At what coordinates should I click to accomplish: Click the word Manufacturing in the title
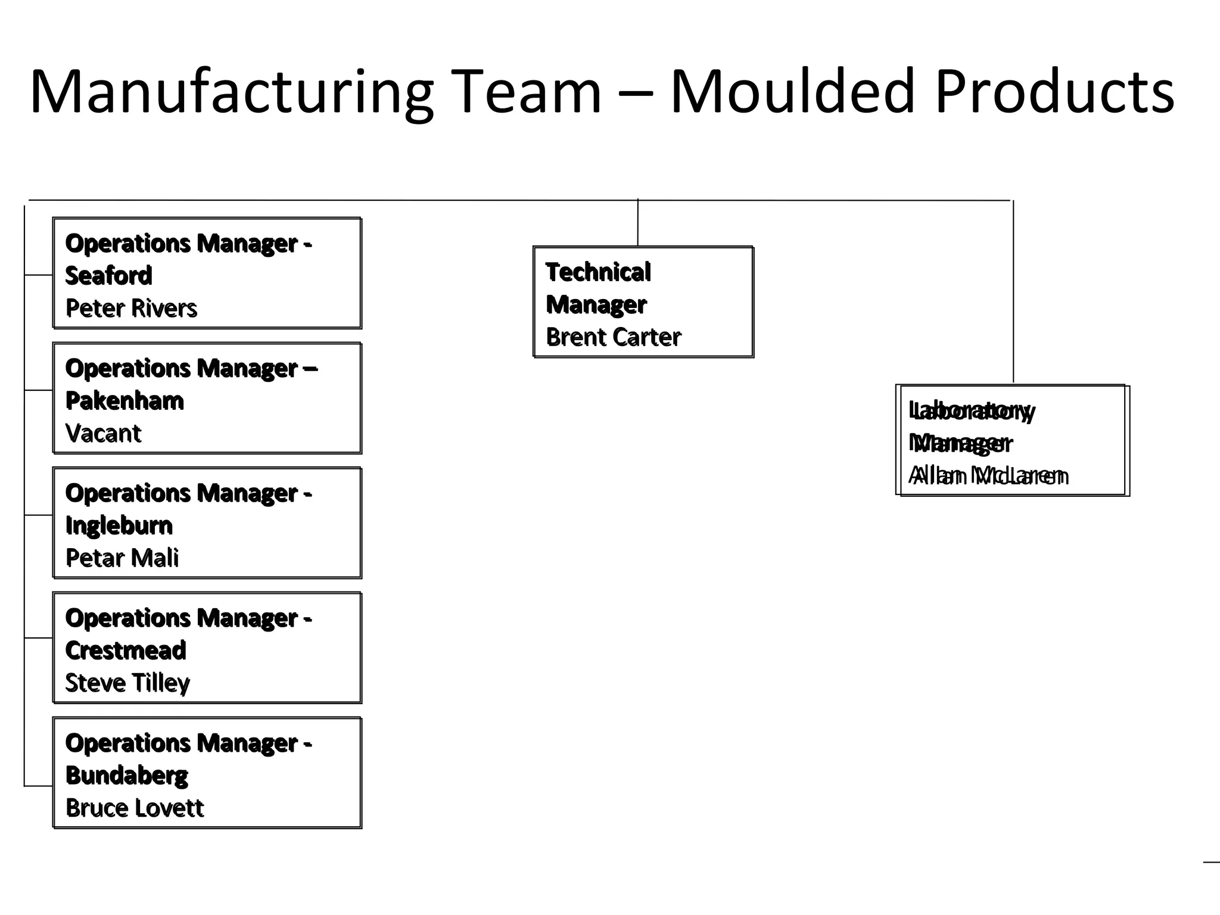pos(231,92)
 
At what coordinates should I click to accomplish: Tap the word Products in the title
pos(1054,92)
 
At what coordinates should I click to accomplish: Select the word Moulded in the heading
pos(792,92)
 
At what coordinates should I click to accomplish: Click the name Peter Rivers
pos(131,309)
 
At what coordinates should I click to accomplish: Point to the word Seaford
pos(108,276)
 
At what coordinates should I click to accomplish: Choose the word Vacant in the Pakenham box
pos(103,434)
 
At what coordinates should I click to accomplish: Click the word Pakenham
pos(125,401)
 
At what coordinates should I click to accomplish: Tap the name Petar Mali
pos(122,558)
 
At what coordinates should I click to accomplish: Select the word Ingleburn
pos(119,526)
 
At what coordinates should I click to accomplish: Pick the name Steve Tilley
pos(127,683)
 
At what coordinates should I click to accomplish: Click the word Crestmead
pos(126,651)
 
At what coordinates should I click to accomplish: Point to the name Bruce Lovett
pos(135,808)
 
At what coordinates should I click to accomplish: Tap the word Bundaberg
pos(126,776)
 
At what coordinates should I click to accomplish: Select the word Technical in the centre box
pos(598,272)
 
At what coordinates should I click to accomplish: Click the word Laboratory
pos(972,411)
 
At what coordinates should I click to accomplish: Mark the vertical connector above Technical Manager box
pos(638,223)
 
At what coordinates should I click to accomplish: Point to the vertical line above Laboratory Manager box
pos(1013,292)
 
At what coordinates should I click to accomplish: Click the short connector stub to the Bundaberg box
pos(39,786)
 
